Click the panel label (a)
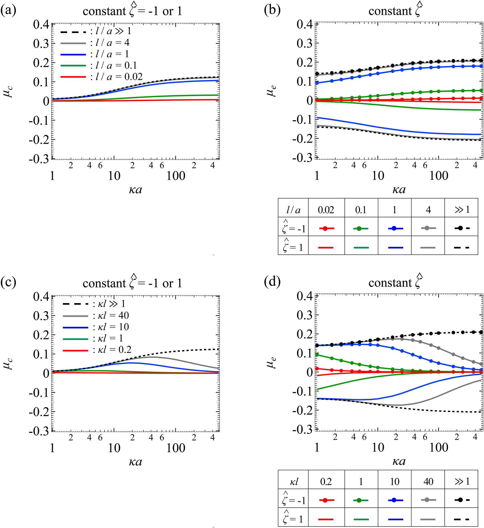[x=8, y=10]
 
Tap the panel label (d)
[x=272, y=282]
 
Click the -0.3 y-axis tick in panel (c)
[x=39, y=431]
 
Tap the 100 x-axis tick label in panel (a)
[x=176, y=176]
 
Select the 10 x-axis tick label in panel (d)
[x=378, y=448]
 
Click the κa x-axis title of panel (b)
[x=399, y=190]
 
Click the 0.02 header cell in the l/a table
[x=326, y=210]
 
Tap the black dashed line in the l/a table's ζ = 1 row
[x=461, y=247]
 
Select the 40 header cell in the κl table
[x=428, y=482]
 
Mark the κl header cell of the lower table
[x=293, y=482]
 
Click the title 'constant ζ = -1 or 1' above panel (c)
[x=132, y=283]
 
